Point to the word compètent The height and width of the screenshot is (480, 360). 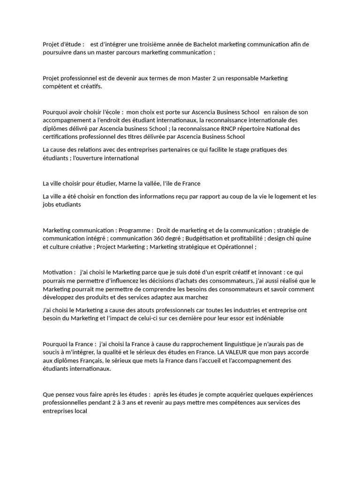(x=57, y=87)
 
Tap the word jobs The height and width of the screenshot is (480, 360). (x=49, y=205)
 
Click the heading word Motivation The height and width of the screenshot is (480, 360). (x=58, y=272)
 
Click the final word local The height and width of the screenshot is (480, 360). (x=80, y=412)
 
